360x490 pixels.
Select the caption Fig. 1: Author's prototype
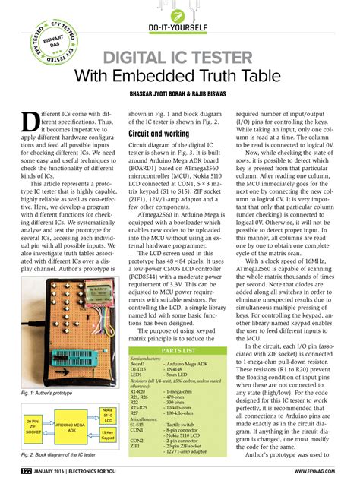click(46, 393)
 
